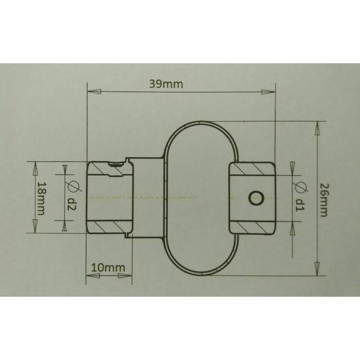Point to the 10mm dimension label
coord(108,268)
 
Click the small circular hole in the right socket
coord(256,197)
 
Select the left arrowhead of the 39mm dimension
coord(93,92)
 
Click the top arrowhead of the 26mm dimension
coord(318,128)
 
